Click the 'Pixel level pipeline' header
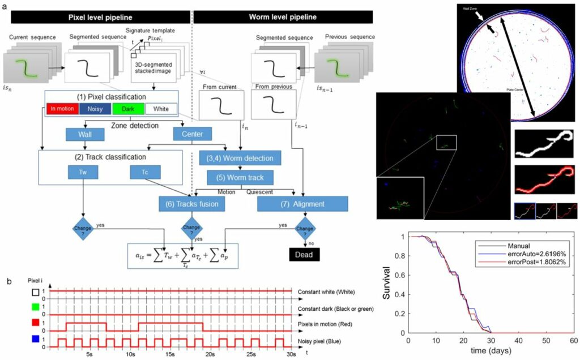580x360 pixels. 97,17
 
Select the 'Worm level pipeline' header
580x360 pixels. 283,17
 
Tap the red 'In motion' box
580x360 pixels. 62,109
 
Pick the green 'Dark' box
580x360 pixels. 129,109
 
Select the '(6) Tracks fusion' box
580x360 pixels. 190,203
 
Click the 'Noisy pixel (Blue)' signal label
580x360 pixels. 327,342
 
